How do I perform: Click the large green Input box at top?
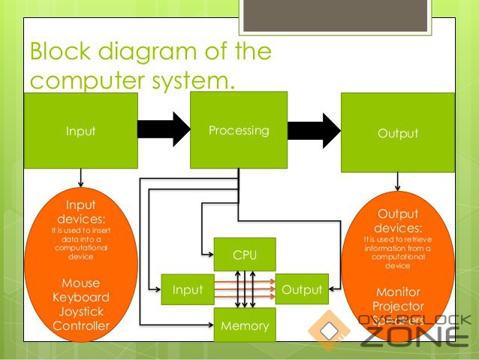80,130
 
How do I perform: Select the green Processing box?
239,130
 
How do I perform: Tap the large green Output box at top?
397,132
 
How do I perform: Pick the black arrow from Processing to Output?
315,129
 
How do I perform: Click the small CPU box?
245,255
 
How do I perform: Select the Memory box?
245,325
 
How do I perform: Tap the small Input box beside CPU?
187,289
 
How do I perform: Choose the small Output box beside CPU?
302,289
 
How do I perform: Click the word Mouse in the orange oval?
80,283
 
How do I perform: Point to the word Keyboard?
80,297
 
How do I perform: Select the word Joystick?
80,311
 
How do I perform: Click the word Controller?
80,325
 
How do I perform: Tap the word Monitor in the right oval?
398,292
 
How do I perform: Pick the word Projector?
398,306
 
